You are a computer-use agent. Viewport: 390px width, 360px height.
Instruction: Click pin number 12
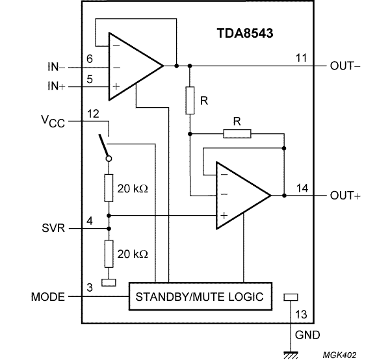tap(93, 114)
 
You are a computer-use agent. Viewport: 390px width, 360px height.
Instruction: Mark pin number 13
tap(300, 315)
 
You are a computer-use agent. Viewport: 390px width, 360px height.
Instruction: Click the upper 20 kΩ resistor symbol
tap(109, 188)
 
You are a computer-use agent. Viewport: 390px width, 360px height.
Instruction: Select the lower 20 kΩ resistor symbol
tap(109, 253)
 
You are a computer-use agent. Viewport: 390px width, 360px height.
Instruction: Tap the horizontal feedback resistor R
tap(237, 134)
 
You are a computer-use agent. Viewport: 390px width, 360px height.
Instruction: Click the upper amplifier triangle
tap(134, 66)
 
